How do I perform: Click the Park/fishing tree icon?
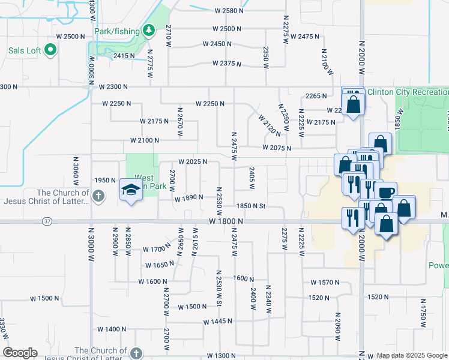click(x=149, y=31)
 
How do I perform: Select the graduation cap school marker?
click(x=130, y=191)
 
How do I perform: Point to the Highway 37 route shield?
click(x=47, y=221)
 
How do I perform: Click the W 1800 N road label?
click(x=226, y=221)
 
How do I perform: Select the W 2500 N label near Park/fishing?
click(x=227, y=29)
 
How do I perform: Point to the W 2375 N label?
click(x=226, y=64)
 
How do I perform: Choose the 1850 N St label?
click(x=251, y=206)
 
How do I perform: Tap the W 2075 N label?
click(x=277, y=148)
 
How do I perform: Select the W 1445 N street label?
click(x=217, y=322)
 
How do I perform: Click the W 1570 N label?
click(x=325, y=282)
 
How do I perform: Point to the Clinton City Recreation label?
click(x=408, y=92)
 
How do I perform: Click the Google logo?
click(x=20, y=353)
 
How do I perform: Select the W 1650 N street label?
click(x=159, y=265)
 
